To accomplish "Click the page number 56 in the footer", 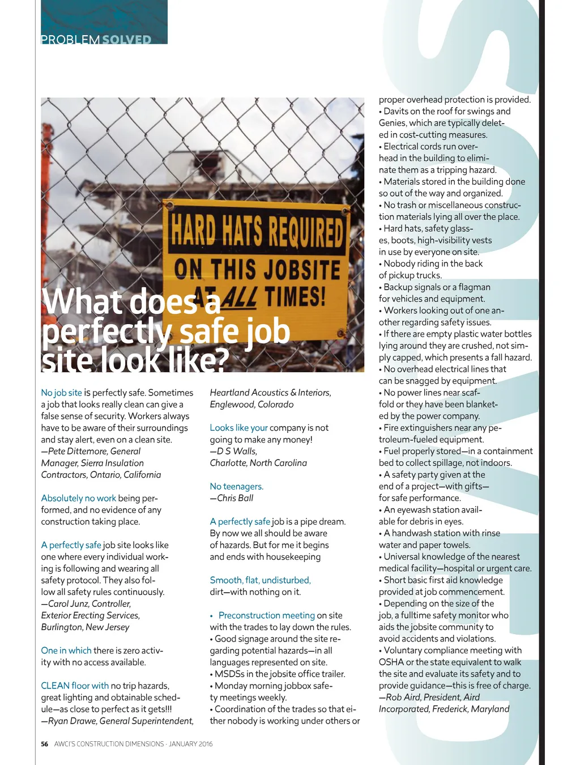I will pyautogui.click(x=45, y=744).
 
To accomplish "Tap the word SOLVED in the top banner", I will pyautogui.click(x=127, y=40).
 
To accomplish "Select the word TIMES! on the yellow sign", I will pyautogui.click(x=295, y=296).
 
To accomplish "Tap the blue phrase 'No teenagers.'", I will pyautogui.click(x=236, y=486).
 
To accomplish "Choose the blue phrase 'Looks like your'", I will pyautogui.click(x=238, y=428).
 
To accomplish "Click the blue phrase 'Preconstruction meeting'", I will pyautogui.click(x=266, y=615).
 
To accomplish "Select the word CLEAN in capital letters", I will pyautogui.click(x=55, y=686).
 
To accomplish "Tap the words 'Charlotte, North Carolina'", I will pyautogui.click(x=258, y=463).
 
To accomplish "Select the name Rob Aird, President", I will pyautogui.click(x=424, y=697).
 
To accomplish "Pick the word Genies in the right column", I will pyautogui.click(x=393, y=123).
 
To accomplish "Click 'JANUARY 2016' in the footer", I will pyautogui.click(x=191, y=744).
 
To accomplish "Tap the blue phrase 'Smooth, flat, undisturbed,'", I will pyautogui.click(x=260, y=580).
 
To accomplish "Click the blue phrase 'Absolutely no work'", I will pyautogui.click(x=78, y=498).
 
